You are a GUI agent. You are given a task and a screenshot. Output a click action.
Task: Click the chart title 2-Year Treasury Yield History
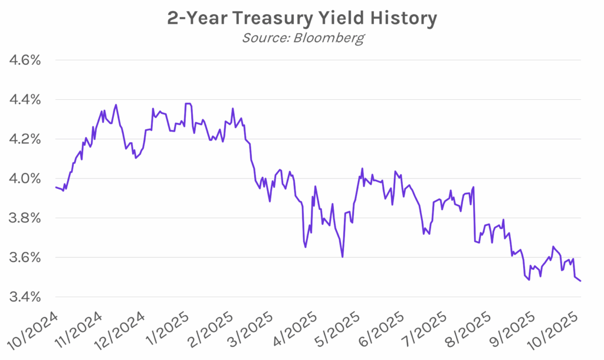click(302, 18)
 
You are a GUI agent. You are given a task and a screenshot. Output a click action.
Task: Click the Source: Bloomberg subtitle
click(302, 38)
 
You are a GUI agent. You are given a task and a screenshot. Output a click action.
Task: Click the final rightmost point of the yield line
click(580, 281)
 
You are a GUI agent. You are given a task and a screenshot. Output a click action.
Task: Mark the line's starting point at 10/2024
click(55, 187)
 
